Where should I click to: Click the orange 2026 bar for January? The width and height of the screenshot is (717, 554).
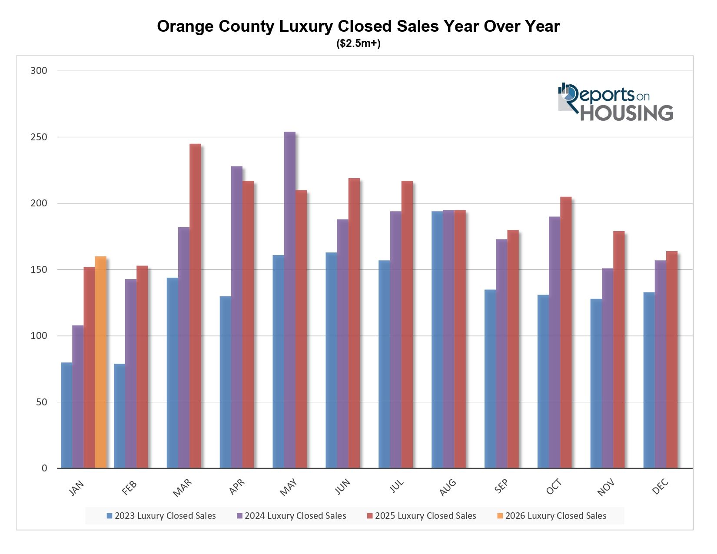tap(100, 362)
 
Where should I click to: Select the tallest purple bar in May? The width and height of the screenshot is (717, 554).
tap(289, 300)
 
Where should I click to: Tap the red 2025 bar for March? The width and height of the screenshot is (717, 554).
tap(195, 306)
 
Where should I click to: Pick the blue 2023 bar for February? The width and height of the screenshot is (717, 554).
tap(119, 416)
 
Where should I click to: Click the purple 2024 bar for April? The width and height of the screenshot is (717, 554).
tap(237, 317)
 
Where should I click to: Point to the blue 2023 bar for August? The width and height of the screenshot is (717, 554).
tap(437, 340)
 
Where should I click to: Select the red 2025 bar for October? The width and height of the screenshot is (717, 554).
tap(566, 332)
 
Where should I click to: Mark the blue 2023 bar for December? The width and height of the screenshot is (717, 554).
tap(649, 380)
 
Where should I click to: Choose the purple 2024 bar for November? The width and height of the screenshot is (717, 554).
tap(607, 368)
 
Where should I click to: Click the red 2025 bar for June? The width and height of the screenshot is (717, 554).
tap(354, 323)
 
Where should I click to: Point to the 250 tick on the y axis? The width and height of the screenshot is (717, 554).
tap(39, 137)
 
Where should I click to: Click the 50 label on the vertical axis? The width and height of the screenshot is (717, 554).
tap(42, 402)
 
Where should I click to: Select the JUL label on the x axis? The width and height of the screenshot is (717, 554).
tap(396, 486)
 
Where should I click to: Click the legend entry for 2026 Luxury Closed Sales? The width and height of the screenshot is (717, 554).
tap(555, 516)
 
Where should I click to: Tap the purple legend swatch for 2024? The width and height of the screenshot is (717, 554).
tap(240, 516)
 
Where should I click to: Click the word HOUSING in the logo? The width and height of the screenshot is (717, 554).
tap(627, 113)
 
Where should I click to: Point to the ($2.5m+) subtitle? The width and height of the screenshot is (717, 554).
tap(358, 44)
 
